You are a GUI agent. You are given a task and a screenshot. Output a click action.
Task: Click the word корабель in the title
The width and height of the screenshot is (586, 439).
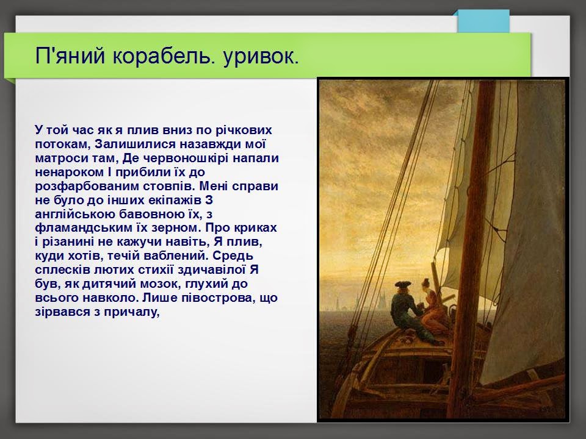pos(163,56)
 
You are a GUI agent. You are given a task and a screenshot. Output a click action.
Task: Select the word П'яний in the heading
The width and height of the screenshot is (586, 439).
pos(70,56)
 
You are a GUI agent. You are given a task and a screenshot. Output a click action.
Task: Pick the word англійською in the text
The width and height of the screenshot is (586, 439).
pos(76,214)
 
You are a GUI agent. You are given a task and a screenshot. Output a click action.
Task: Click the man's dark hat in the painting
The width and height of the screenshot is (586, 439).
pos(402,285)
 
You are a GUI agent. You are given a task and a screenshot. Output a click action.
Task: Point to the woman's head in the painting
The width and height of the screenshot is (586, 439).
pos(425,285)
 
